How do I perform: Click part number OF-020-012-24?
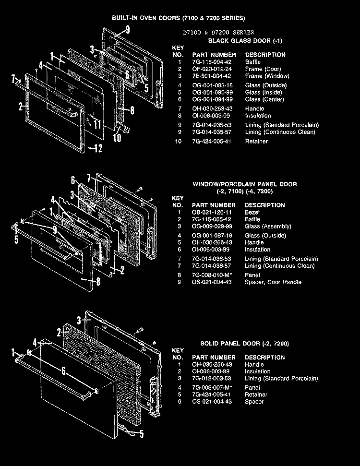pyautogui.click(x=212, y=69)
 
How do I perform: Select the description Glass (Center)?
pyautogui.click(x=264, y=99)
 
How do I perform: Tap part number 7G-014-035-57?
pyautogui.click(x=212, y=132)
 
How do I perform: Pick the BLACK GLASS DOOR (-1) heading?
pyautogui.click(x=245, y=41)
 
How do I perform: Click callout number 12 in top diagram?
pyautogui.click(x=98, y=148)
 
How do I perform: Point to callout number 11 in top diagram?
pyautogui.click(x=97, y=124)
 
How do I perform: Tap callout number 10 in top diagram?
pyautogui.click(x=117, y=138)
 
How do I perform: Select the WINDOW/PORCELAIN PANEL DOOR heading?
pyautogui.click(x=245, y=184)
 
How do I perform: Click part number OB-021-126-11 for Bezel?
pyautogui.click(x=211, y=213)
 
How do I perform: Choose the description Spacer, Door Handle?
pyautogui.click(x=273, y=282)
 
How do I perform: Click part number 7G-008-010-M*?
pyautogui.click(x=211, y=275)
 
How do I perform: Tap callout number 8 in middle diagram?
pyautogui.click(x=98, y=281)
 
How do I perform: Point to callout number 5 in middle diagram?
pyautogui.click(x=16, y=239)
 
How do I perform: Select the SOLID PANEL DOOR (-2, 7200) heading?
pyautogui.click(x=245, y=344)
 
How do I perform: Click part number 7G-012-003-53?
pyautogui.click(x=211, y=378)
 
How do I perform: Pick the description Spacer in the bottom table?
pyautogui.click(x=254, y=402)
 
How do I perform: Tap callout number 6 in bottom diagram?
pyautogui.click(x=64, y=370)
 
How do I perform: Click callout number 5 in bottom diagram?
pyautogui.click(x=142, y=434)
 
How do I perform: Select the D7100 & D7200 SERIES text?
pyautogui.click(x=218, y=32)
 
